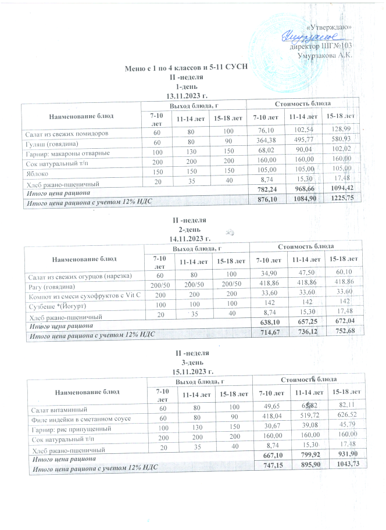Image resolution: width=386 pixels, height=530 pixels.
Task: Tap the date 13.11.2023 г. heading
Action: click(x=187, y=95)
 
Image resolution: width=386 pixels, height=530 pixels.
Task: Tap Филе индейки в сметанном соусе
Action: click(x=82, y=419)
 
